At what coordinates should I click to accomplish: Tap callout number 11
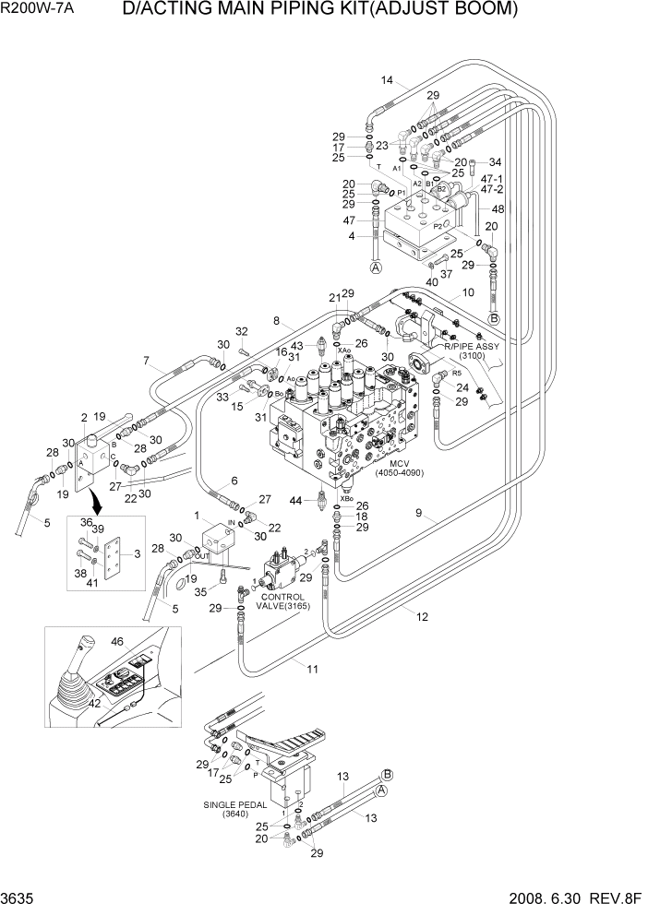point(312,669)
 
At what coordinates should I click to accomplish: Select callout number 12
point(422,617)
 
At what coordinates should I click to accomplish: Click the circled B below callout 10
point(493,318)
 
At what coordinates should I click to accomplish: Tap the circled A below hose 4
point(376,268)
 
